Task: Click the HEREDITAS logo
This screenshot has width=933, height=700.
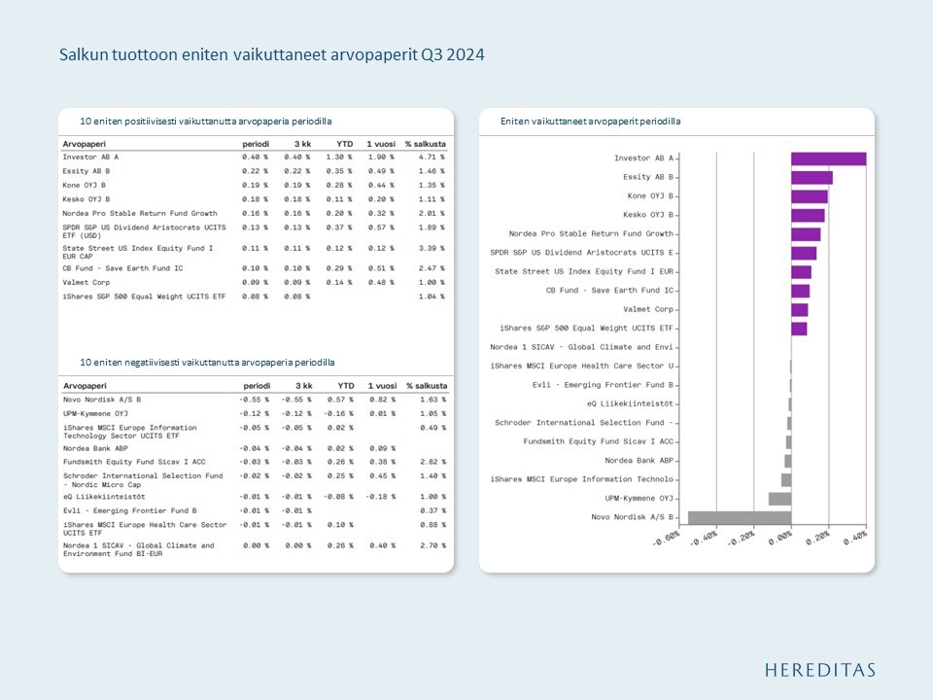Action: (x=819, y=670)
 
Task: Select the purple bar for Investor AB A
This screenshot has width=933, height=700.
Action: (x=828, y=158)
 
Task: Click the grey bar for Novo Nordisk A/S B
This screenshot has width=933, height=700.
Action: (x=739, y=517)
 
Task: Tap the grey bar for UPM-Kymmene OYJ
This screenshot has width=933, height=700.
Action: (x=779, y=499)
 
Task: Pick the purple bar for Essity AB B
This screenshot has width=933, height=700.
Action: (x=812, y=177)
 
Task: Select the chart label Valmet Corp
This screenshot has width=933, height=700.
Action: (x=648, y=309)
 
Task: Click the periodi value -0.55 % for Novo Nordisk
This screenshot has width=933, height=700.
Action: (x=255, y=399)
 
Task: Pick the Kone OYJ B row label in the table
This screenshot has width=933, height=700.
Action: (x=85, y=185)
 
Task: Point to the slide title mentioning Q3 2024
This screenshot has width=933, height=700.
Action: (x=272, y=54)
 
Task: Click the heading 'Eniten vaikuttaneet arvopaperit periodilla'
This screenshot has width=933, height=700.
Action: (x=590, y=122)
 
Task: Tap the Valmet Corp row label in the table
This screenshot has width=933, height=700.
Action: (x=86, y=282)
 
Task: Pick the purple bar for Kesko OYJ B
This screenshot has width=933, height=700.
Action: (x=808, y=215)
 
